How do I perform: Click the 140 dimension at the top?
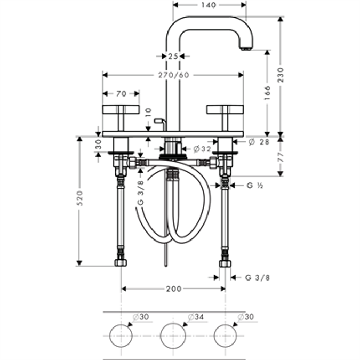[x=210, y=5]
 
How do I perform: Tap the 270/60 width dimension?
[x=173, y=75]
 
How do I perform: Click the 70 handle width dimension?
[x=121, y=93]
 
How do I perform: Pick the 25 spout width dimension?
[x=172, y=56]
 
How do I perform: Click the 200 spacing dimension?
[x=173, y=289]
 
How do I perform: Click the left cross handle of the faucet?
[x=121, y=110]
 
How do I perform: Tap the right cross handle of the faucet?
[x=225, y=110]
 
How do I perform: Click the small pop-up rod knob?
[x=157, y=122]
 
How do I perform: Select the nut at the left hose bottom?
[x=121, y=262]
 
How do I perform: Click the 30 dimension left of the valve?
[x=98, y=144]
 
